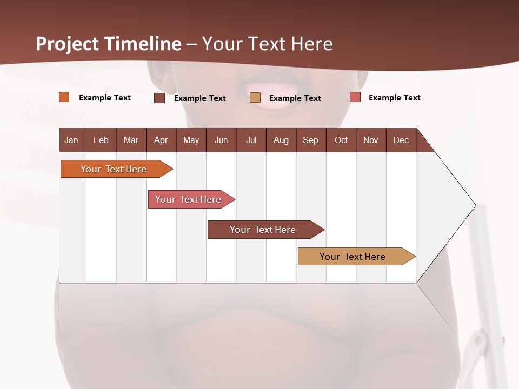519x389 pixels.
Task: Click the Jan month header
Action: [71, 140]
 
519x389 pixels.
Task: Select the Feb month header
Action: [101, 140]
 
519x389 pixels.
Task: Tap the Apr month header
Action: [161, 140]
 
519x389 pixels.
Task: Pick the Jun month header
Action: [221, 140]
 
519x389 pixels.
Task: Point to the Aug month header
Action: [281, 140]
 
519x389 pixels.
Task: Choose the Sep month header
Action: [310, 140]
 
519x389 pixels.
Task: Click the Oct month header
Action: [341, 140]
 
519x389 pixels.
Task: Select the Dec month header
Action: [401, 140]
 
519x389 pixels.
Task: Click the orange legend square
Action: [64, 97]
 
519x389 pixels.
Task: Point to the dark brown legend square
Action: [159, 98]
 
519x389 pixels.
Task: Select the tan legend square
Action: [255, 98]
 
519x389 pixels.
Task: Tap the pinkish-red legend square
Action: [355, 97]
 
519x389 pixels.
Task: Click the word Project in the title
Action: [68, 44]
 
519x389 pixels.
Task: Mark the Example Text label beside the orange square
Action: [105, 98]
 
